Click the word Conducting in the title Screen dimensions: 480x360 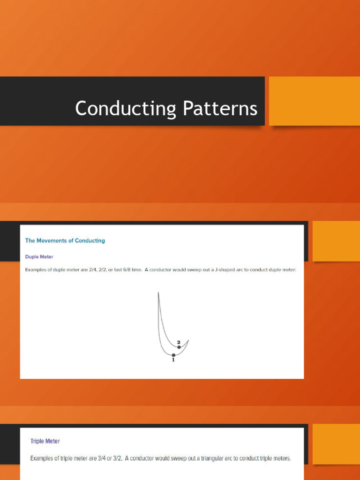pyautogui.click(x=125, y=109)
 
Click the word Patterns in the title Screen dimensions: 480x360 pyautogui.click(x=220, y=109)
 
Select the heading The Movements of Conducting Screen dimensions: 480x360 pyautogui.click(x=65, y=240)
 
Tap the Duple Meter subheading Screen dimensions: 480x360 pyautogui.click(x=39, y=257)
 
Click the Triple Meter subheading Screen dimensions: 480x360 pyautogui.click(x=45, y=441)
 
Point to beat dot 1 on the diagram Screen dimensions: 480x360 pyautogui.click(x=173, y=355)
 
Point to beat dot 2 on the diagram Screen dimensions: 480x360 pyautogui.click(x=179, y=347)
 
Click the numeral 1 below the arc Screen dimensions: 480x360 pyautogui.click(x=173, y=360)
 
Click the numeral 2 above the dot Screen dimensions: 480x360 pyautogui.click(x=179, y=342)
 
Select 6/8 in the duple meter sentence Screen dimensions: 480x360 pyautogui.click(x=120, y=270)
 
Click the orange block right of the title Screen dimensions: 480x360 pyautogui.click(x=314, y=101)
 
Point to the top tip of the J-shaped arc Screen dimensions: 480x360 pyautogui.click(x=158, y=293)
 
